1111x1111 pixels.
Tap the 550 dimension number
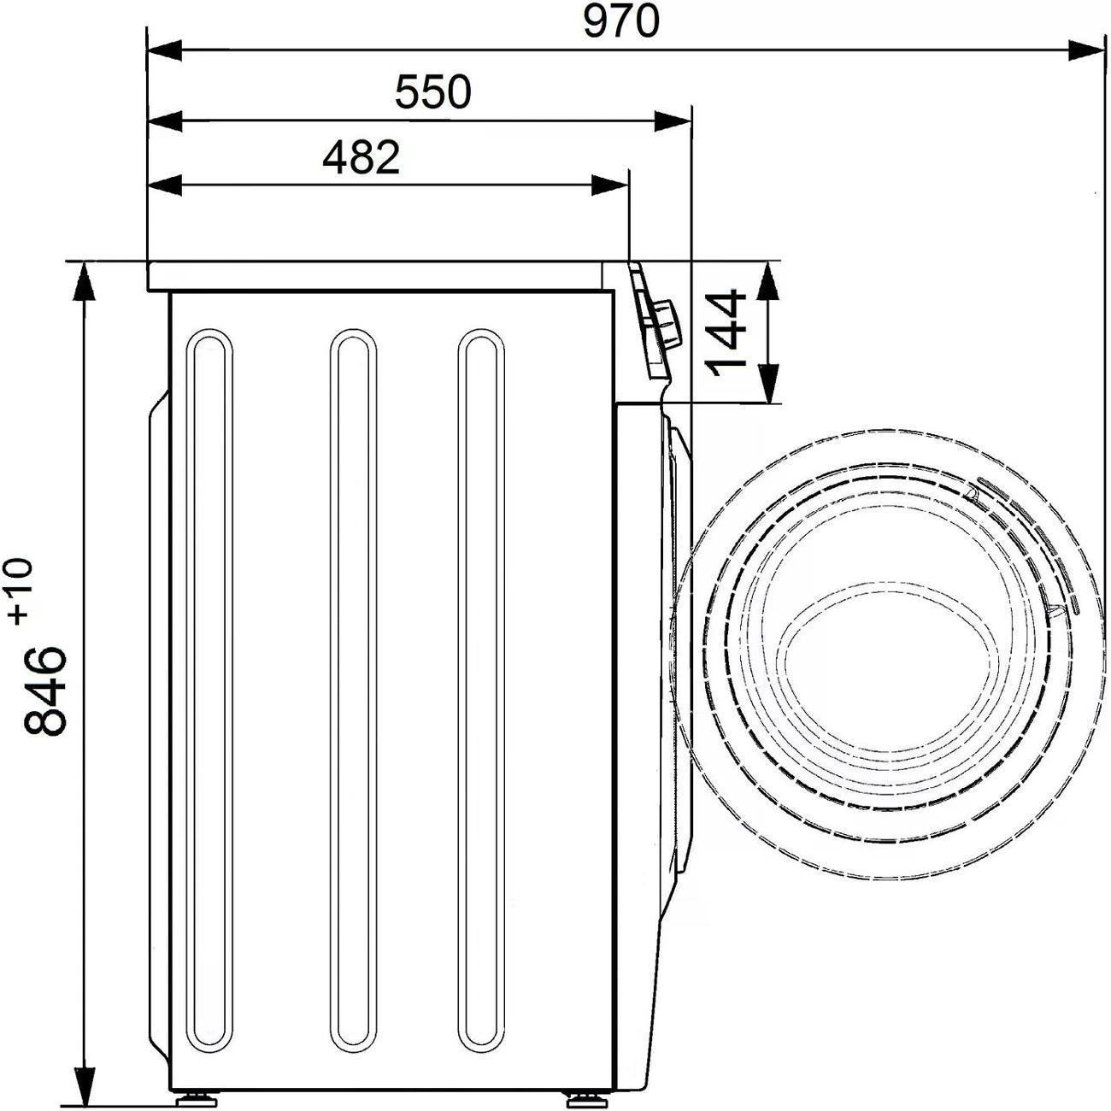pyautogui.click(x=433, y=92)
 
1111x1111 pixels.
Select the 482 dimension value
pyautogui.click(x=361, y=157)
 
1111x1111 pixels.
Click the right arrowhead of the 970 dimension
pyautogui.click(x=1085, y=50)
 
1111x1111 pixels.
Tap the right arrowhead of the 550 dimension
pyautogui.click(x=673, y=121)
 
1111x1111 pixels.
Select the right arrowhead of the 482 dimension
pyautogui.click(x=610, y=185)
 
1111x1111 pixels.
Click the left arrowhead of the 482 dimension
pyautogui.click(x=166, y=185)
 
